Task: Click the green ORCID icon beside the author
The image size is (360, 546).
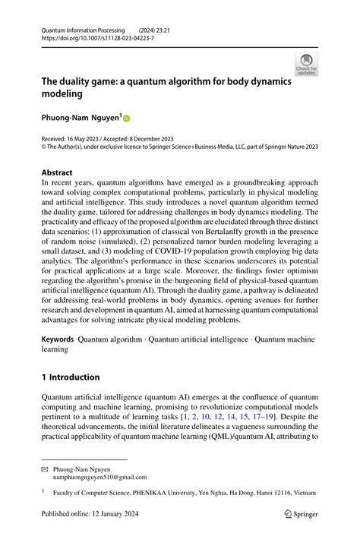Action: pos(126,118)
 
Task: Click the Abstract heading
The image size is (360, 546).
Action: pos(57,172)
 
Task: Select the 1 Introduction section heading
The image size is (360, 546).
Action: pos(71,377)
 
